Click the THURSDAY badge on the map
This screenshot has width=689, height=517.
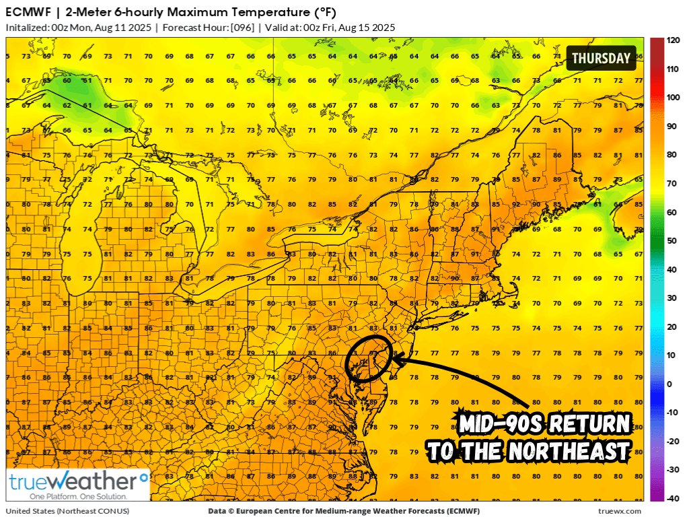tap(601, 58)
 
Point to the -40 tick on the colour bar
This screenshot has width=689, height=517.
tap(671, 498)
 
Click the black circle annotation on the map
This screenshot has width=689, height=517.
tap(369, 357)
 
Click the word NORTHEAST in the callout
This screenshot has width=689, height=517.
tap(572, 450)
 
